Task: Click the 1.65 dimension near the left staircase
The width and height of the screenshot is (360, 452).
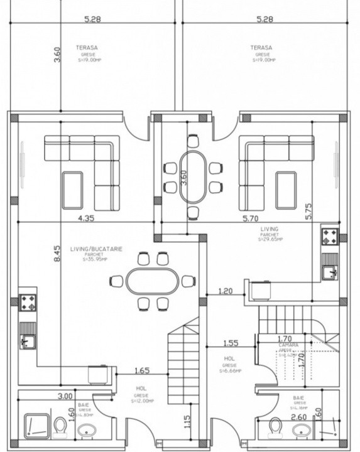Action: coord(142,370)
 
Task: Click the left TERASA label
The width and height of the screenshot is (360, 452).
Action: coord(87,47)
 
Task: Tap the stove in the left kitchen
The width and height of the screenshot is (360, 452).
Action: coord(28,303)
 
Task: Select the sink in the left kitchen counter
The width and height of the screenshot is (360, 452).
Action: coord(28,342)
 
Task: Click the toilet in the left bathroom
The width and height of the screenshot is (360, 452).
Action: coord(60,426)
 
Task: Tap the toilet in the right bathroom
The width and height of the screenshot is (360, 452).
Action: coord(275,426)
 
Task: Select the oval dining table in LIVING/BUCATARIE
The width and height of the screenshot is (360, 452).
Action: coord(153,281)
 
